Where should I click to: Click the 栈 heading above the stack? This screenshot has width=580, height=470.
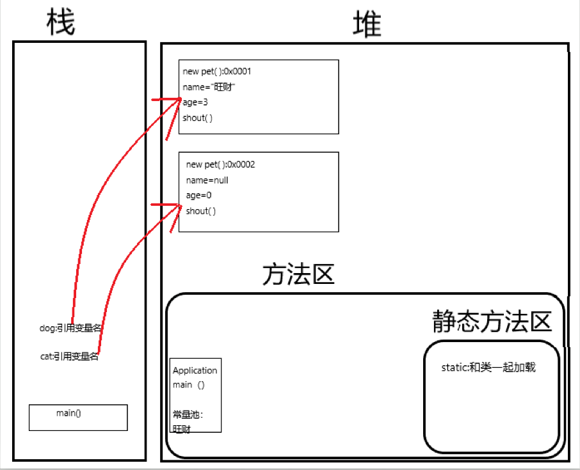(x=61, y=23)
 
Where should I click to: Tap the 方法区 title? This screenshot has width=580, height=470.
(x=298, y=275)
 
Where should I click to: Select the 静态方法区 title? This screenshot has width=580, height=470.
(x=492, y=322)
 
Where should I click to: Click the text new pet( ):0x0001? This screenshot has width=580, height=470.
(x=221, y=72)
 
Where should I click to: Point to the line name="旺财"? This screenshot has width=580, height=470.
(x=209, y=87)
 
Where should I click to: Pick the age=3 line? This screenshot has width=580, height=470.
(x=195, y=102)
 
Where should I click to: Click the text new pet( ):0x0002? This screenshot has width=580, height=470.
(x=220, y=164)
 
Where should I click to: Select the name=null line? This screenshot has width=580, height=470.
(x=207, y=180)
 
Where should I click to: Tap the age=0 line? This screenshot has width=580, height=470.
(x=198, y=196)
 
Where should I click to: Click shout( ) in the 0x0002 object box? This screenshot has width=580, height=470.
(x=201, y=211)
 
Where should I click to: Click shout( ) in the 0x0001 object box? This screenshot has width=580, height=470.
(x=197, y=118)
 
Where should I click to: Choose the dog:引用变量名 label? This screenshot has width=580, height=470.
(x=70, y=328)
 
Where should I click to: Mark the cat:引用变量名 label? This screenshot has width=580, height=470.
(x=69, y=357)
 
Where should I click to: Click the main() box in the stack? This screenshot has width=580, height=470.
(x=78, y=416)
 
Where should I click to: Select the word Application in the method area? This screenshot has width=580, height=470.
(x=195, y=370)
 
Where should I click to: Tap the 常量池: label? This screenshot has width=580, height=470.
(x=187, y=414)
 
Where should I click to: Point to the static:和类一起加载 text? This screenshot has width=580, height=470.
(x=488, y=368)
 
